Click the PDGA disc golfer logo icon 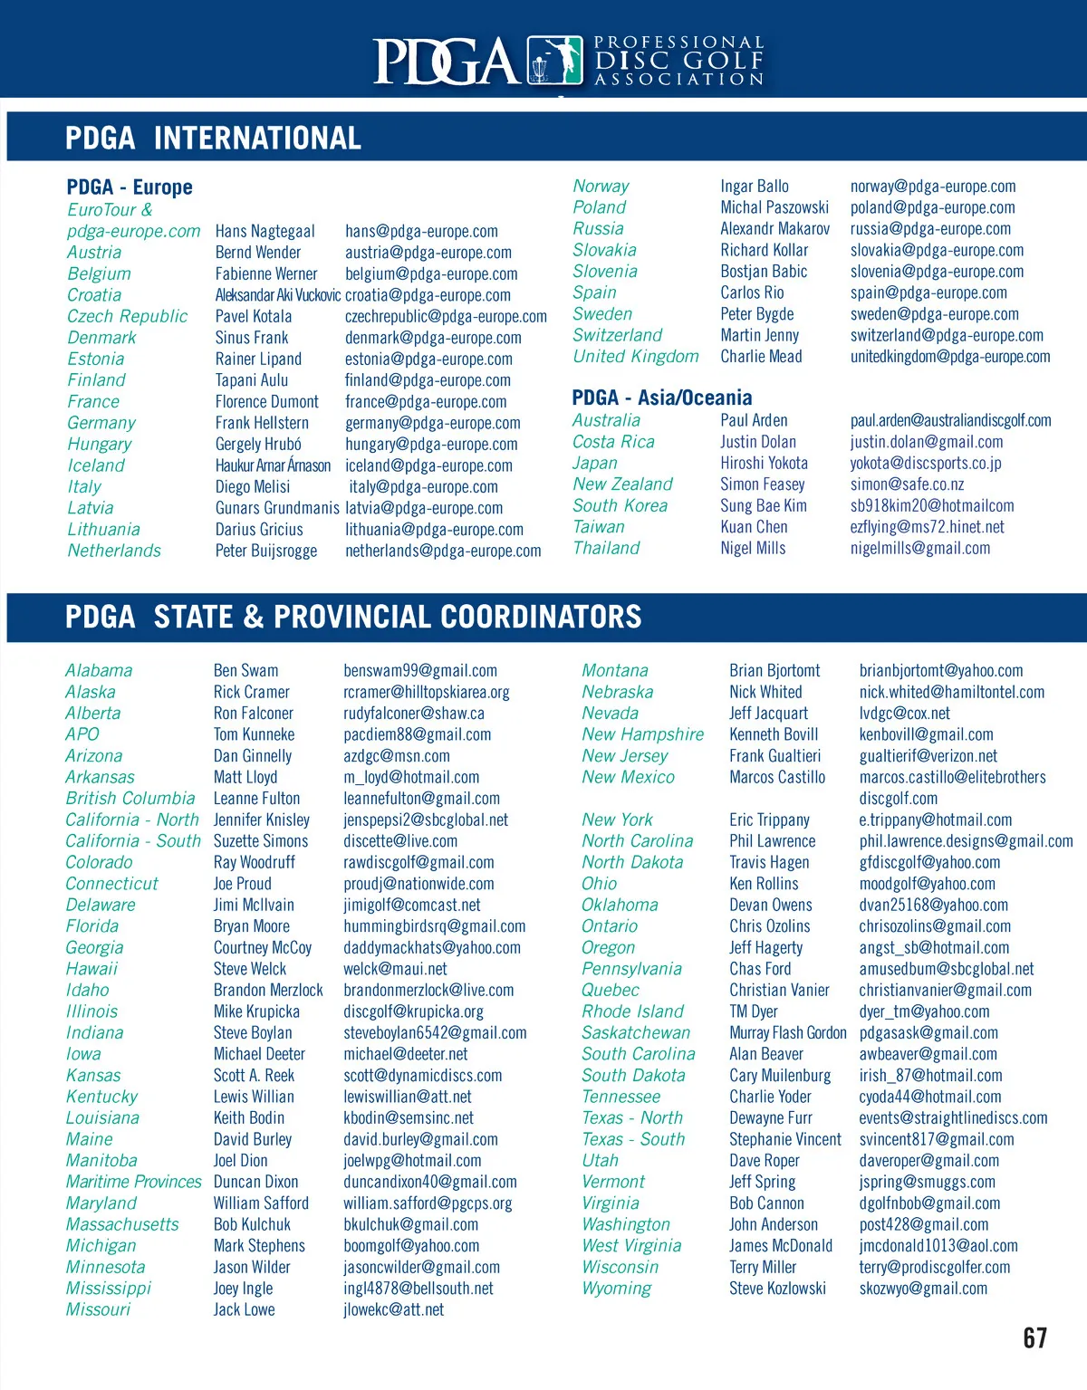(x=554, y=61)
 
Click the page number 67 (x=1034, y=1337)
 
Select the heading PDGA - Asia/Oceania (x=661, y=398)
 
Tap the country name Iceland (x=96, y=465)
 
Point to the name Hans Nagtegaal (x=265, y=231)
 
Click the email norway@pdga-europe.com (x=932, y=187)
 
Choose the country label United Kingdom (x=635, y=357)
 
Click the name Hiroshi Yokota (x=764, y=463)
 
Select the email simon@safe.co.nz (x=907, y=484)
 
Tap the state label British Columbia (x=130, y=799)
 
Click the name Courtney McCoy (x=263, y=948)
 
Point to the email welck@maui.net (x=395, y=969)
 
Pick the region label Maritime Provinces (x=133, y=1182)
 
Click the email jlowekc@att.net (x=393, y=1309)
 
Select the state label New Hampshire (x=642, y=734)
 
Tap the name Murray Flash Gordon (x=787, y=1033)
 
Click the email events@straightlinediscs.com (x=953, y=1118)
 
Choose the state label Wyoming (x=616, y=1289)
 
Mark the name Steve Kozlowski (x=777, y=1289)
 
